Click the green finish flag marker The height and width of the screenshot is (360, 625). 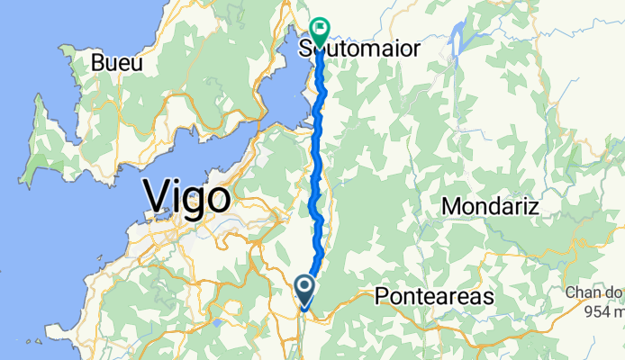coord(321,28)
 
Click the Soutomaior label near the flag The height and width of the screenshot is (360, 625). coord(360,49)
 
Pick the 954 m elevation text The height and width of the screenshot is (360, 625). coord(602,311)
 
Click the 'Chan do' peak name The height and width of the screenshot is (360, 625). coord(595,292)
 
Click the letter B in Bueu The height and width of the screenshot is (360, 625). coord(100,63)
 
